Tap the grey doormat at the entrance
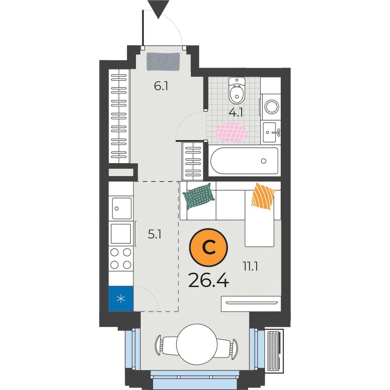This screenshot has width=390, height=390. (x=163, y=61)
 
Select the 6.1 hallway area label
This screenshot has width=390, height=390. (x=161, y=87)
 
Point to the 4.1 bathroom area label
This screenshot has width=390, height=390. (x=235, y=113)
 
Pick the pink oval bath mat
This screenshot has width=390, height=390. (x=232, y=132)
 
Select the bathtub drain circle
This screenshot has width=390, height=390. (x=264, y=161)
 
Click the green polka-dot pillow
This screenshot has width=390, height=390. (x=199, y=196)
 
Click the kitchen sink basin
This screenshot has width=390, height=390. (x=122, y=208)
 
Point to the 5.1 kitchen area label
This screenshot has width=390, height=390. (x=155, y=234)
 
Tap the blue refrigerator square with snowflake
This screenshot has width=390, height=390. (x=121, y=298)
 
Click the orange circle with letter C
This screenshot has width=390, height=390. (x=208, y=248)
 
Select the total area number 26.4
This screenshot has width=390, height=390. (x=208, y=281)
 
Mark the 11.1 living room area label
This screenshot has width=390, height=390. (x=250, y=267)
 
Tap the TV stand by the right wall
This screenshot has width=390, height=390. (x=251, y=303)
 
